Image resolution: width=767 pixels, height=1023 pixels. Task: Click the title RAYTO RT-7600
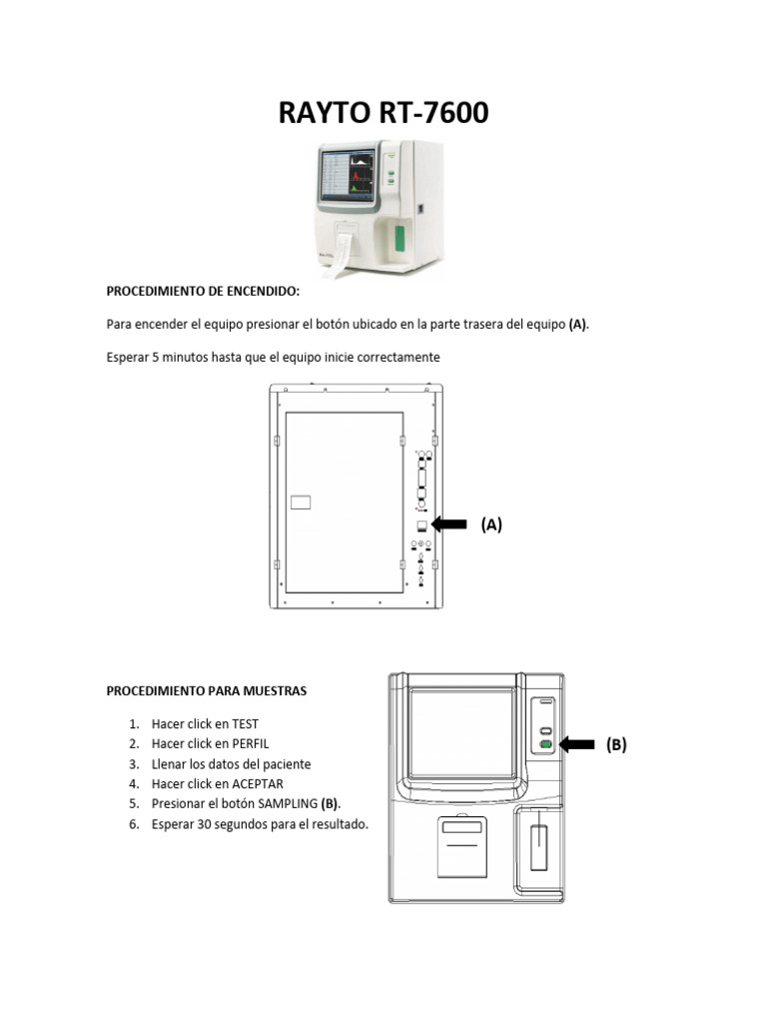(383, 113)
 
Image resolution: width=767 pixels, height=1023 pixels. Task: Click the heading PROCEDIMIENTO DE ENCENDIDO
(203, 292)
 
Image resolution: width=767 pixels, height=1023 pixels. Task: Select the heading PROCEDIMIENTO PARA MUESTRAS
(207, 690)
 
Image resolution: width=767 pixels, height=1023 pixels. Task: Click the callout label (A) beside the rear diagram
(490, 524)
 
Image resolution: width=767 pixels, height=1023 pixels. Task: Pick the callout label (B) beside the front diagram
(616, 744)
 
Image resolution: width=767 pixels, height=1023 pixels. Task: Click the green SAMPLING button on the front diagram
(545, 744)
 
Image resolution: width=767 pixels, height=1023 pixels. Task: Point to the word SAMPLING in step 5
(285, 804)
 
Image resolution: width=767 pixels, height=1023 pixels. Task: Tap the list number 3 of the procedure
(133, 764)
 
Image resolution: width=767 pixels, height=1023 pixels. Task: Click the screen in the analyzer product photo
(347, 178)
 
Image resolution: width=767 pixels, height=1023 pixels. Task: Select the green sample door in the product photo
(399, 240)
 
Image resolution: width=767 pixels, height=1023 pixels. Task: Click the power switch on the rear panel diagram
(421, 525)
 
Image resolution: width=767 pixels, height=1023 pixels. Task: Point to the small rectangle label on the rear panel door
(301, 503)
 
